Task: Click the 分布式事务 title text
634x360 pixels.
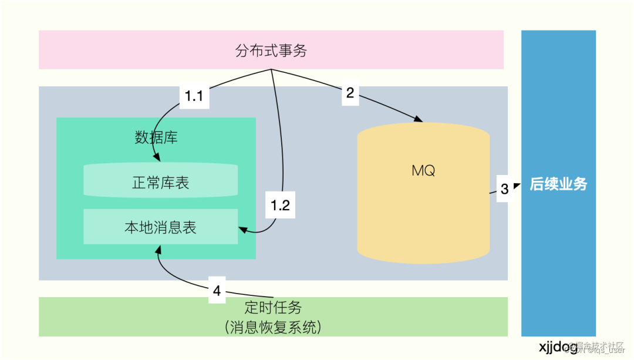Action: [271, 51]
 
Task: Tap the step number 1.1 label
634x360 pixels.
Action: [194, 96]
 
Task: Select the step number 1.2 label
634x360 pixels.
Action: [280, 205]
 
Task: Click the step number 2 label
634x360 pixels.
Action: [350, 93]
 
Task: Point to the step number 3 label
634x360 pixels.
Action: [504, 189]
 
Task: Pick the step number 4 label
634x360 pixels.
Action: [217, 290]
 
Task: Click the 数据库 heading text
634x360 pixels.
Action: [156, 138]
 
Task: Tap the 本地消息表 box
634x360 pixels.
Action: [160, 227]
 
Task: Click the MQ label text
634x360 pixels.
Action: [423, 171]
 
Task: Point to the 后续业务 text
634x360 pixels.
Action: [558, 184]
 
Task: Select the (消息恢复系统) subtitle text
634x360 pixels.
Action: [273, 327]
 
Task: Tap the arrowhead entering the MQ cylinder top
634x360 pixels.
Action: [419, 120]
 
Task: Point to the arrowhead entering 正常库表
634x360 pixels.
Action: [157, 159]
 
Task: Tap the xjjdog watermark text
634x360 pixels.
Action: [558, 345]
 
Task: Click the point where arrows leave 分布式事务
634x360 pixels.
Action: [271, 70]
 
